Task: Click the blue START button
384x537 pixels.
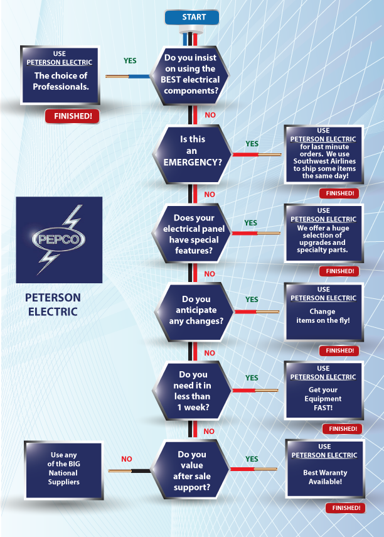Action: click(193, 18)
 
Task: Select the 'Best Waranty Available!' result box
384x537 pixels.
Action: click(324, 469)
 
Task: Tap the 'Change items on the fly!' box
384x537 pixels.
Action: click(323, 311)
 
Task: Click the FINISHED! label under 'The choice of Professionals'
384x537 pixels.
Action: click(72, 116)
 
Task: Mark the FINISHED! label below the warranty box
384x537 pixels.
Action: click(343, 507)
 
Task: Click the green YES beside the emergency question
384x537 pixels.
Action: click(252, 144)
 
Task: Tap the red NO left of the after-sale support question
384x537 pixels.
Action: click(127, 459)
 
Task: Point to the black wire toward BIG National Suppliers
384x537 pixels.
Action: click(139, 470)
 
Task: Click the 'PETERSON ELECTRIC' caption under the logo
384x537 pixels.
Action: click(53, 303)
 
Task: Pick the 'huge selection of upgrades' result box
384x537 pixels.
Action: click(323, 232)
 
